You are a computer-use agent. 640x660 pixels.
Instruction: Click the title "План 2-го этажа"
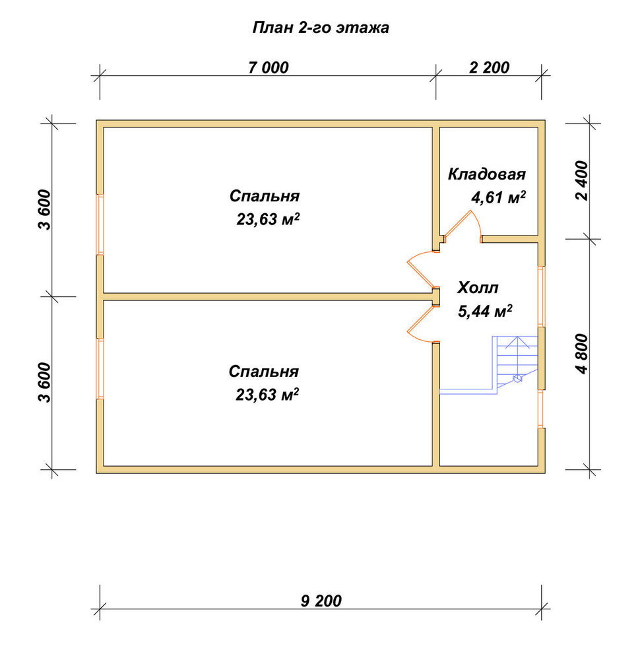point(321,28)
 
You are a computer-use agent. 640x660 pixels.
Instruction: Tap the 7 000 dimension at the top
point(269,67)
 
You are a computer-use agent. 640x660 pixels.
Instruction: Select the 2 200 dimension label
point(489,67)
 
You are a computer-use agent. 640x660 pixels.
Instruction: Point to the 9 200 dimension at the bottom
point(321,601)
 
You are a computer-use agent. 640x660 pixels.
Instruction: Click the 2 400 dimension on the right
point(583,181)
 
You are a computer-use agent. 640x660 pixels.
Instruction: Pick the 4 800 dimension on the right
point(583,354)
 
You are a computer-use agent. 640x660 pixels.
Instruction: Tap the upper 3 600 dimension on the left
point(44,210)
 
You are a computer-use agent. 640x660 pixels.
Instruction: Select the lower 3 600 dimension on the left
point(44,382)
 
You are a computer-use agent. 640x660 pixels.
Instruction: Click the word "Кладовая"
point(487,174)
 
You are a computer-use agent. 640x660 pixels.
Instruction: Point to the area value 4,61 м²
point(498,197)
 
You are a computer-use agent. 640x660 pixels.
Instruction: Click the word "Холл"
point(478,288)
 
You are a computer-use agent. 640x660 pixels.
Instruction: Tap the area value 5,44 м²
point(485,311)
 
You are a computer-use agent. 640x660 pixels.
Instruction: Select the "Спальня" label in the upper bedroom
point(264,196)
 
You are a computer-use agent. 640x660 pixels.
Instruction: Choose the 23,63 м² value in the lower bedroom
point(267,395)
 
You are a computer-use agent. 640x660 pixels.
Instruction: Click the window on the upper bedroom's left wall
point(100,224)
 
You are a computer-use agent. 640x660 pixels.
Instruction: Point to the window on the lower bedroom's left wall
point(100,368)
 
